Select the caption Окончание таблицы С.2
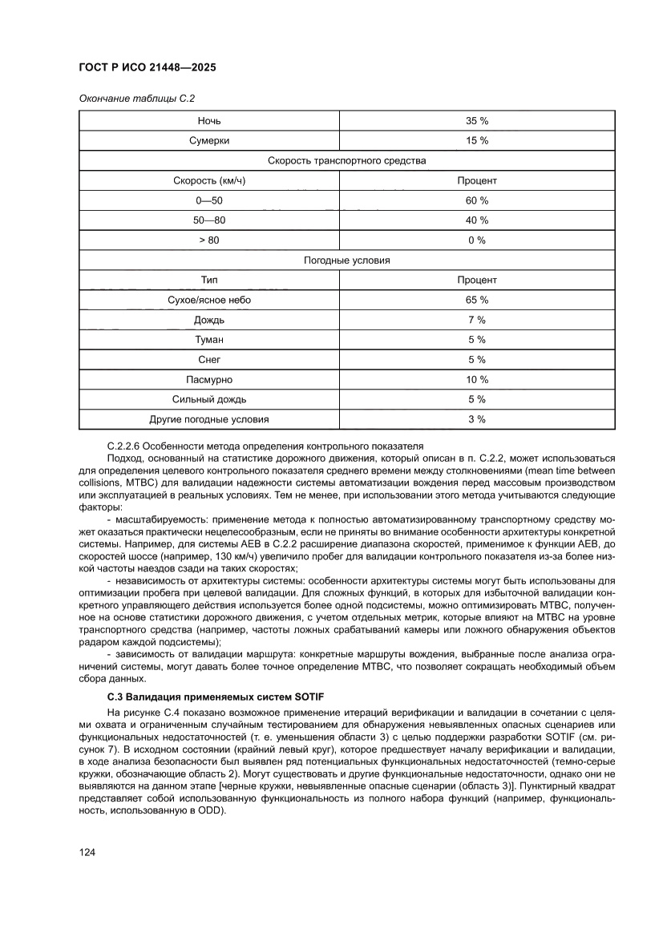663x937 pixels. coord(136,98)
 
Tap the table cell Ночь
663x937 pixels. coord(209,121)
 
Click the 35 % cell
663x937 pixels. coord(477,121)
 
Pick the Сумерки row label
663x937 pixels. coord(209,141)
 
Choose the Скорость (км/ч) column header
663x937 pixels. coord(209,180)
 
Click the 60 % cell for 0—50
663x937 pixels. coord(477,200)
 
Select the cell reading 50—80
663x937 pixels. coord(209,220)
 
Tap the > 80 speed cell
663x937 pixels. coord(209,240)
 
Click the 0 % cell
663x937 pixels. coord(477,240)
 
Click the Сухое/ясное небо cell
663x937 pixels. coord(209,300)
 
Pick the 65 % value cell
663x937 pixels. coord(477,300)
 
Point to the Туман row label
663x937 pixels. coord(209,340)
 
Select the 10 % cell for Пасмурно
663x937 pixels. coord(477,379)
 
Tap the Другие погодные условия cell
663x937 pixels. coord(209,419)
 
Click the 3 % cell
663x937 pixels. coord(477,419)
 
